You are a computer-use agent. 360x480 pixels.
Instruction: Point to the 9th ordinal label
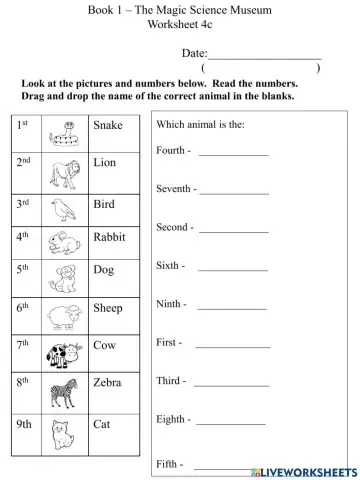point(26,424)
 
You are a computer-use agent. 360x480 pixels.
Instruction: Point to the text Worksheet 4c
point(180,24)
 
